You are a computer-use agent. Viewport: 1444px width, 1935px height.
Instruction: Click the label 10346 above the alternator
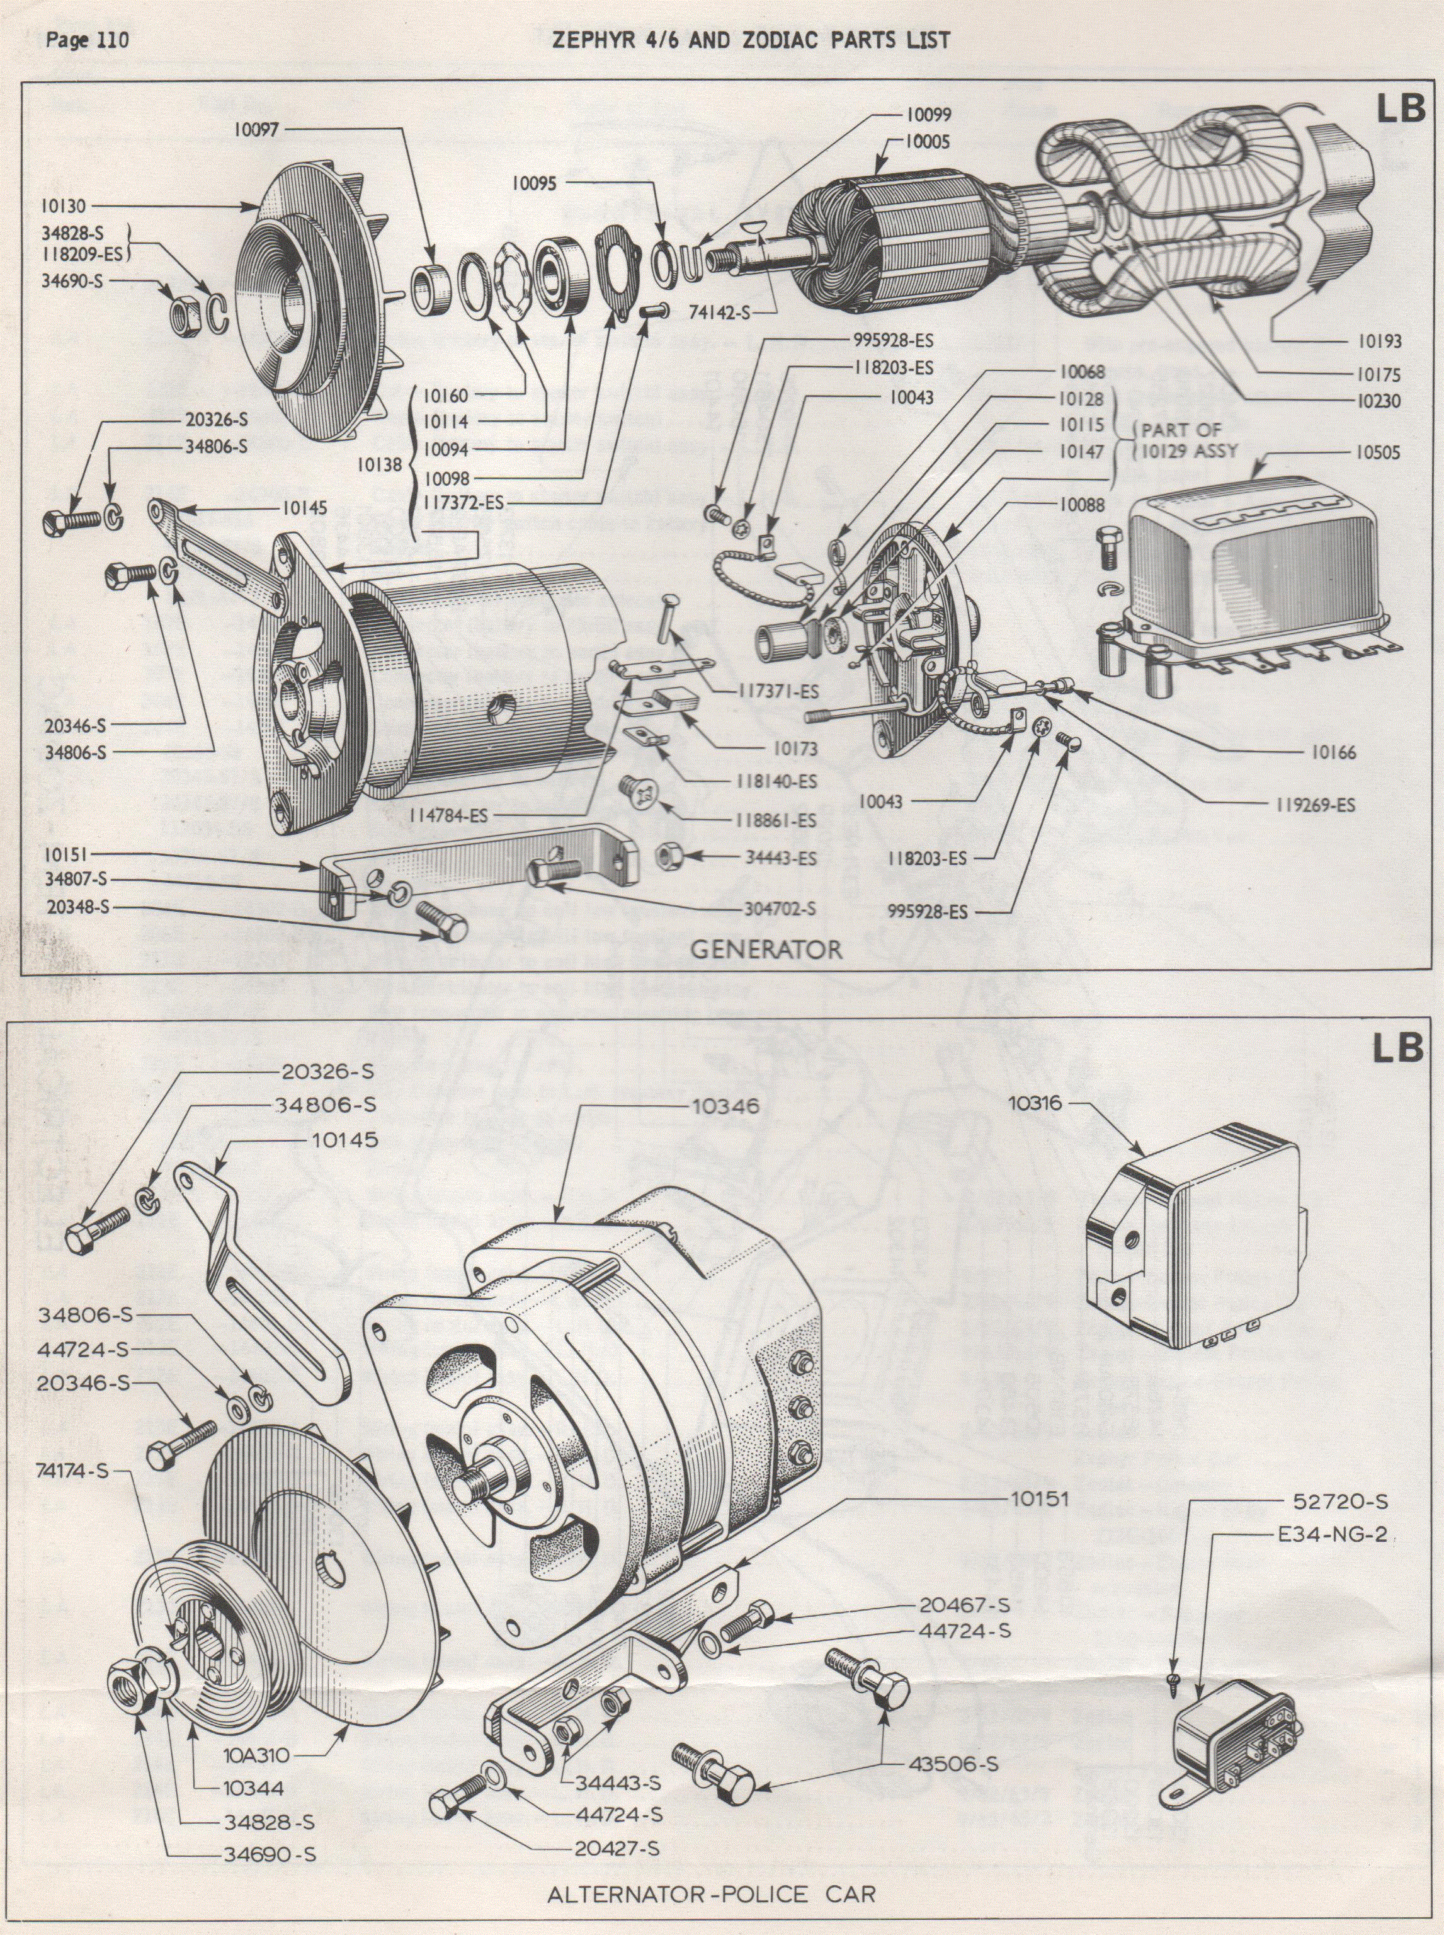713,1106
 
